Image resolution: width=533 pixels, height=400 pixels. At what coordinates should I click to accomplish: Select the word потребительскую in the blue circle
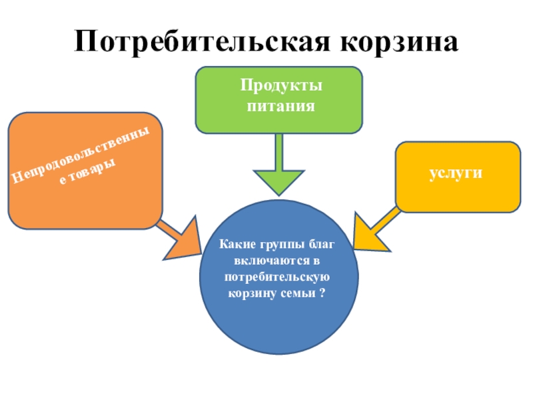[279, 277]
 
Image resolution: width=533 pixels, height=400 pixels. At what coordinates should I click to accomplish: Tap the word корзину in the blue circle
[255, 293]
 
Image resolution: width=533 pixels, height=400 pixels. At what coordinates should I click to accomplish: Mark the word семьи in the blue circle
[297, 293]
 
